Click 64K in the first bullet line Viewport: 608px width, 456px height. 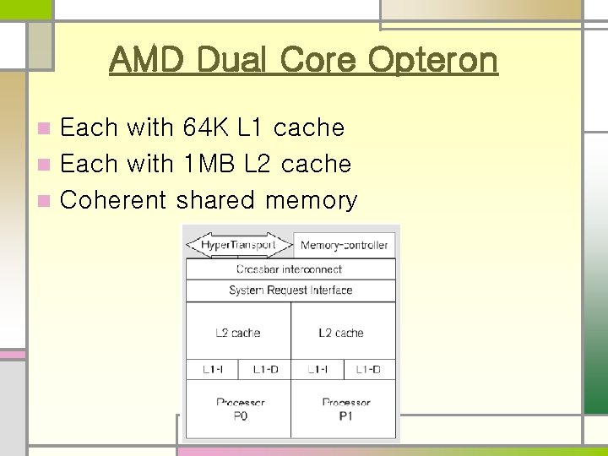tap(204, 128)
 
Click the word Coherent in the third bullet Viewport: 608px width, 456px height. tap(115, 200)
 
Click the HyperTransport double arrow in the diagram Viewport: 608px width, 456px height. tap(239, 245)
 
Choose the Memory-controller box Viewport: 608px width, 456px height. tap(344, 246)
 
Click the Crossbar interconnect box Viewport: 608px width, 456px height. tap(290, 269)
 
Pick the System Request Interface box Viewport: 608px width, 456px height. tap(290, 290)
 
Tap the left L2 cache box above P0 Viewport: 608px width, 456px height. tap(237, 332)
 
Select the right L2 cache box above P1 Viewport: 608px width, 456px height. tap(342, 332)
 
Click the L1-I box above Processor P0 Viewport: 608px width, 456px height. tap(212, 370)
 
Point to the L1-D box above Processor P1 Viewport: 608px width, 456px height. tap(368, 370)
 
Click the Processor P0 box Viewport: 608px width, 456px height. tap(237, 409)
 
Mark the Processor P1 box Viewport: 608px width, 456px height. tap(342, 409)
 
